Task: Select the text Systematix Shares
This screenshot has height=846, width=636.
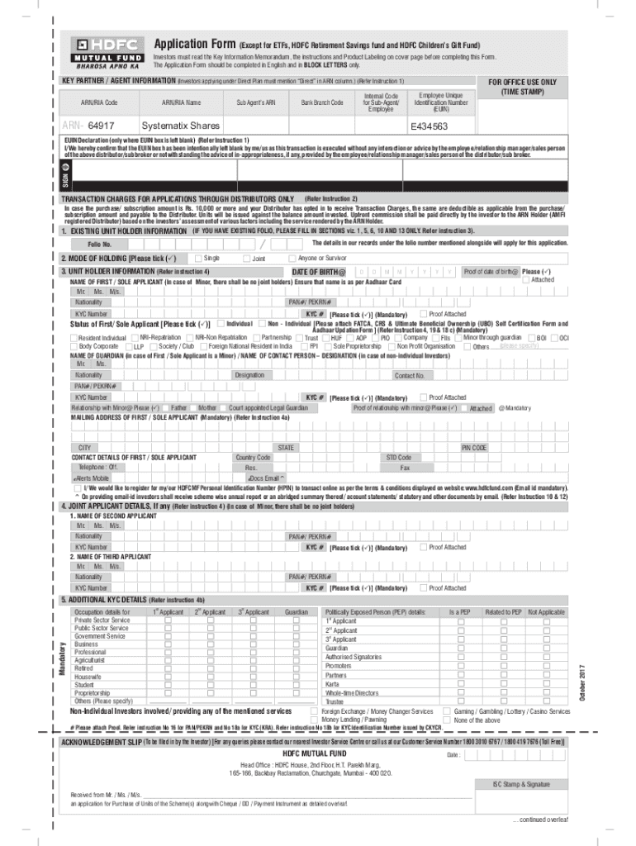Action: coord(180,126)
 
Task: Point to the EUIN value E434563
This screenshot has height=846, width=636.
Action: coord(430,126)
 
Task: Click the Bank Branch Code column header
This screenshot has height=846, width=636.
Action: coord(322,102)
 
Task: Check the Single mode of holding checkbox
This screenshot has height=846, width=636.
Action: coord(199,259)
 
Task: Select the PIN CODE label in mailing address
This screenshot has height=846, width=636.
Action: coord(474,448)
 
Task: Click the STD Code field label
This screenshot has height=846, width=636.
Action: coord(399,458)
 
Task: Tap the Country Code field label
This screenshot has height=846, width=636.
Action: coord(253,458)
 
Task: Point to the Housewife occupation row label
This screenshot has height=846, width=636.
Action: coord(88,677)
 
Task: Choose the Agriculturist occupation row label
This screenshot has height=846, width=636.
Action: coord(91,660)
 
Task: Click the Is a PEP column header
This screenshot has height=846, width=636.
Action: coord(459,612)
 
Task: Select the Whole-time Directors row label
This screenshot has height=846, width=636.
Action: coord(352,693)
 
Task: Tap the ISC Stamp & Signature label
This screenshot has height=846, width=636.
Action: coord(521,784)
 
